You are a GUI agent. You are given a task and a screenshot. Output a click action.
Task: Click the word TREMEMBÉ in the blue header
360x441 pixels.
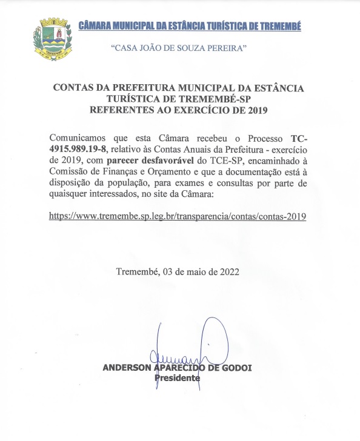point(278,26)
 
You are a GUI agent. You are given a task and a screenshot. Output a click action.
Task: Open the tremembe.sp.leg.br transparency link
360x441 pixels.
point(178,216)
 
